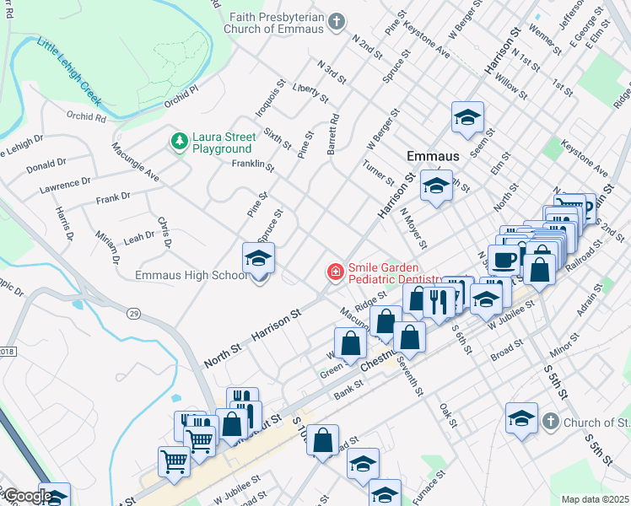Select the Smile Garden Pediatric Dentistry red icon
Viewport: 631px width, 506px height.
pyautogui.click(x=335, y=272)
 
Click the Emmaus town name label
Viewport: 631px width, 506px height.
pyautogui.click(x=432, y=157)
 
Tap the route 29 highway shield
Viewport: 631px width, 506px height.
pyautogui.click(x=132, y=313)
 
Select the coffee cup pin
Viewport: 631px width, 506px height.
pyautogui.click(x=504, y=260)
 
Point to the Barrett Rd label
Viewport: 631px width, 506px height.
pyautogui.click(x=332, y=135)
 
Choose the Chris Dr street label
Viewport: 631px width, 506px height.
pyautogui.click(x=164, y=233)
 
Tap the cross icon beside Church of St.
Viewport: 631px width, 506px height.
pyautogui.click(x=549, y=421)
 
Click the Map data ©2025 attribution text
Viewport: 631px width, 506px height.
pyautogui.click(x=596, y=499)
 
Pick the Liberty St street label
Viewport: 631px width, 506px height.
pyautogui.click(x=309, y=93)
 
